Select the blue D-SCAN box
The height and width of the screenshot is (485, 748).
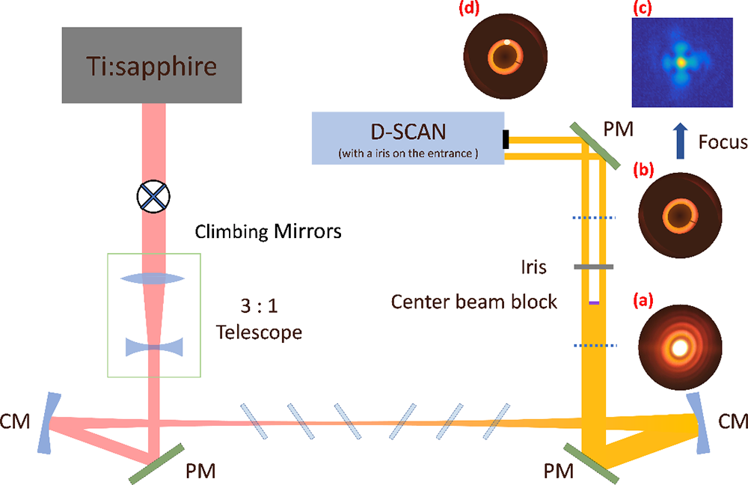tap(408, 137)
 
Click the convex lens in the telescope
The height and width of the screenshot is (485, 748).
tap(155, 278)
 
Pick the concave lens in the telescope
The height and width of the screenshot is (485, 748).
tap(155, 347)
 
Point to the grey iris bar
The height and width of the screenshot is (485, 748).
tap(594, 266)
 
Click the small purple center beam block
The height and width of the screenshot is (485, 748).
tap(594, 302)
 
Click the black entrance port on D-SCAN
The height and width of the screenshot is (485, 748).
tap(506, 139)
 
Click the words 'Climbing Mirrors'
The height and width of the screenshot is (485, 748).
tap(269, 231)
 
